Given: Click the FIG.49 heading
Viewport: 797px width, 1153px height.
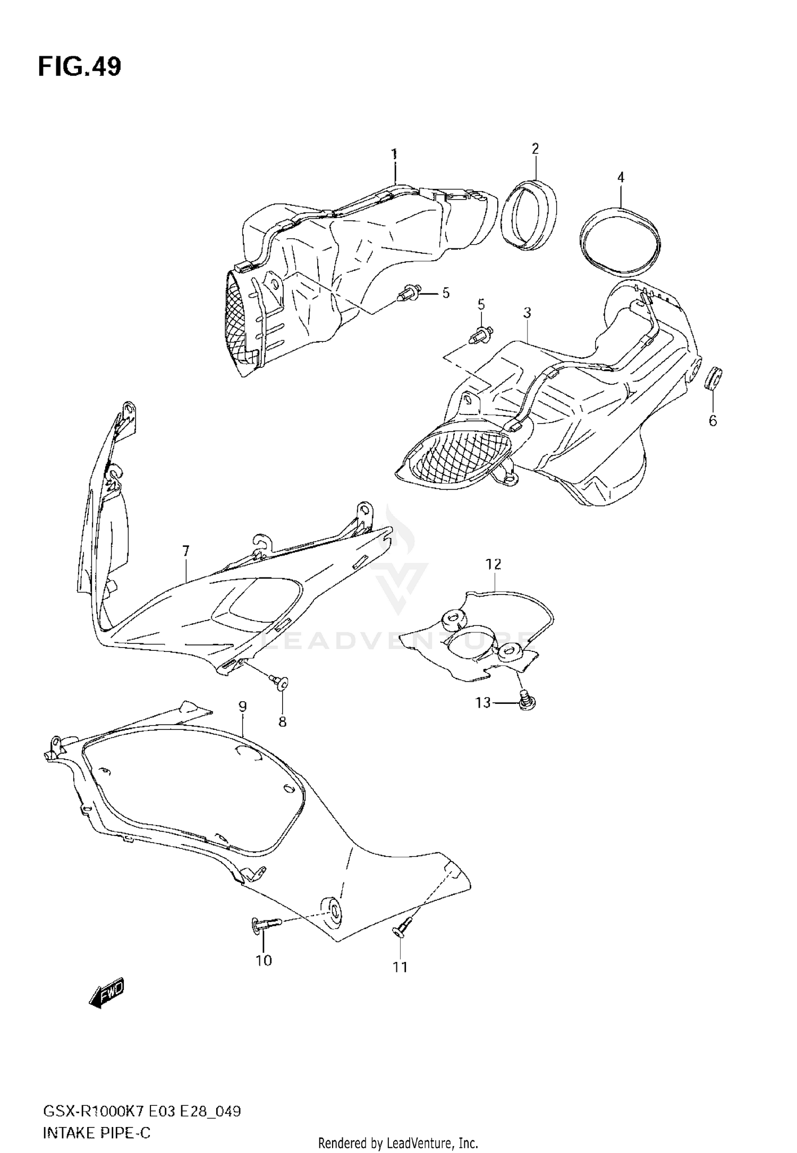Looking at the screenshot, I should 80,67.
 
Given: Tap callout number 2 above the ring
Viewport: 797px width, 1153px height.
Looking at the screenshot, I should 535,149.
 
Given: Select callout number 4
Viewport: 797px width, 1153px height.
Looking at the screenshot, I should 621,177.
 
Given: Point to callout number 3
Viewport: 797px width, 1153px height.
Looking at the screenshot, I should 527,313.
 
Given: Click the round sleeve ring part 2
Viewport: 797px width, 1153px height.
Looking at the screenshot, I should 530,215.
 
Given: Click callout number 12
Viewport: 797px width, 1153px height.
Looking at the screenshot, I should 494,564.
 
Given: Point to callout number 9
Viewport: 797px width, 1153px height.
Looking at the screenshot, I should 242,706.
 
